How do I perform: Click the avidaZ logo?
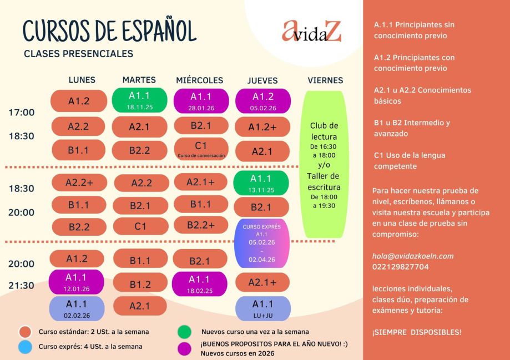click(x=311, y=32)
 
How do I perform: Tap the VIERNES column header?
click(x=325, y=80)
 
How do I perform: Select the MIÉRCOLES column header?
click(x=199, y=80)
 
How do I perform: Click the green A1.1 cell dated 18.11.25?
click(x=139, y=100)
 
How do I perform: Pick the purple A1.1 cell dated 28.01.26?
click(x=201, y=100)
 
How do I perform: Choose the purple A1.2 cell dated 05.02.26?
click(x=262, y=100)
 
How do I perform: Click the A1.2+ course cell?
click(x=262, y=127)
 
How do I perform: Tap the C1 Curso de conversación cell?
click(x=201, y=148)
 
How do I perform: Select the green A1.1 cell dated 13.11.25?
click(x=261, y=182)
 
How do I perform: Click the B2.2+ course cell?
click(x=200, y=225)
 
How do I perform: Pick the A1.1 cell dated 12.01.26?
click(x=77, y=282)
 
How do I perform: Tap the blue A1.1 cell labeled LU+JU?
click(x=262, y=308)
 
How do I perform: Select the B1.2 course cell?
click(x=140, y=285)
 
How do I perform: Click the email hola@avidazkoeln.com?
click(x=413, y=256)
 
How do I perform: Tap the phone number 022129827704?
click(x=401, y=267)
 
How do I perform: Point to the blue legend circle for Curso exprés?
click(x=25, y=346)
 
